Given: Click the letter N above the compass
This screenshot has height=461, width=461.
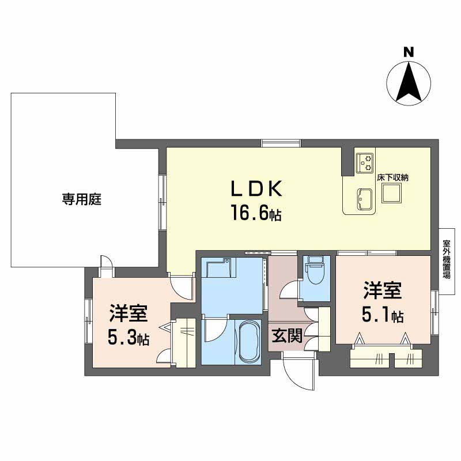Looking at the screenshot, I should tap(409, 52).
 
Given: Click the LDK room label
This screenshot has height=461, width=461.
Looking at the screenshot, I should tap(256, 188).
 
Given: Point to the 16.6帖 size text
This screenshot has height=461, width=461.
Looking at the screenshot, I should tap(256, 214).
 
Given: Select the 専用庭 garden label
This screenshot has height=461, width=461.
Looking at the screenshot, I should tap(82, 199).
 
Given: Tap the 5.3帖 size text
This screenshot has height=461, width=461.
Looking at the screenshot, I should tap(129, 338).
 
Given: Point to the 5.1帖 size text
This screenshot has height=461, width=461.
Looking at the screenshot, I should tap(382, 315).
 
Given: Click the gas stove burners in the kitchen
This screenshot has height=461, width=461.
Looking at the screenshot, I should tap(364, 162).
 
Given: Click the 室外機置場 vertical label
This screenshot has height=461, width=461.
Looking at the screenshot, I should tap(446, 259).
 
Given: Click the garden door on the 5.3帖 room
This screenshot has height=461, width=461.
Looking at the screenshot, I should tap(107, 266).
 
